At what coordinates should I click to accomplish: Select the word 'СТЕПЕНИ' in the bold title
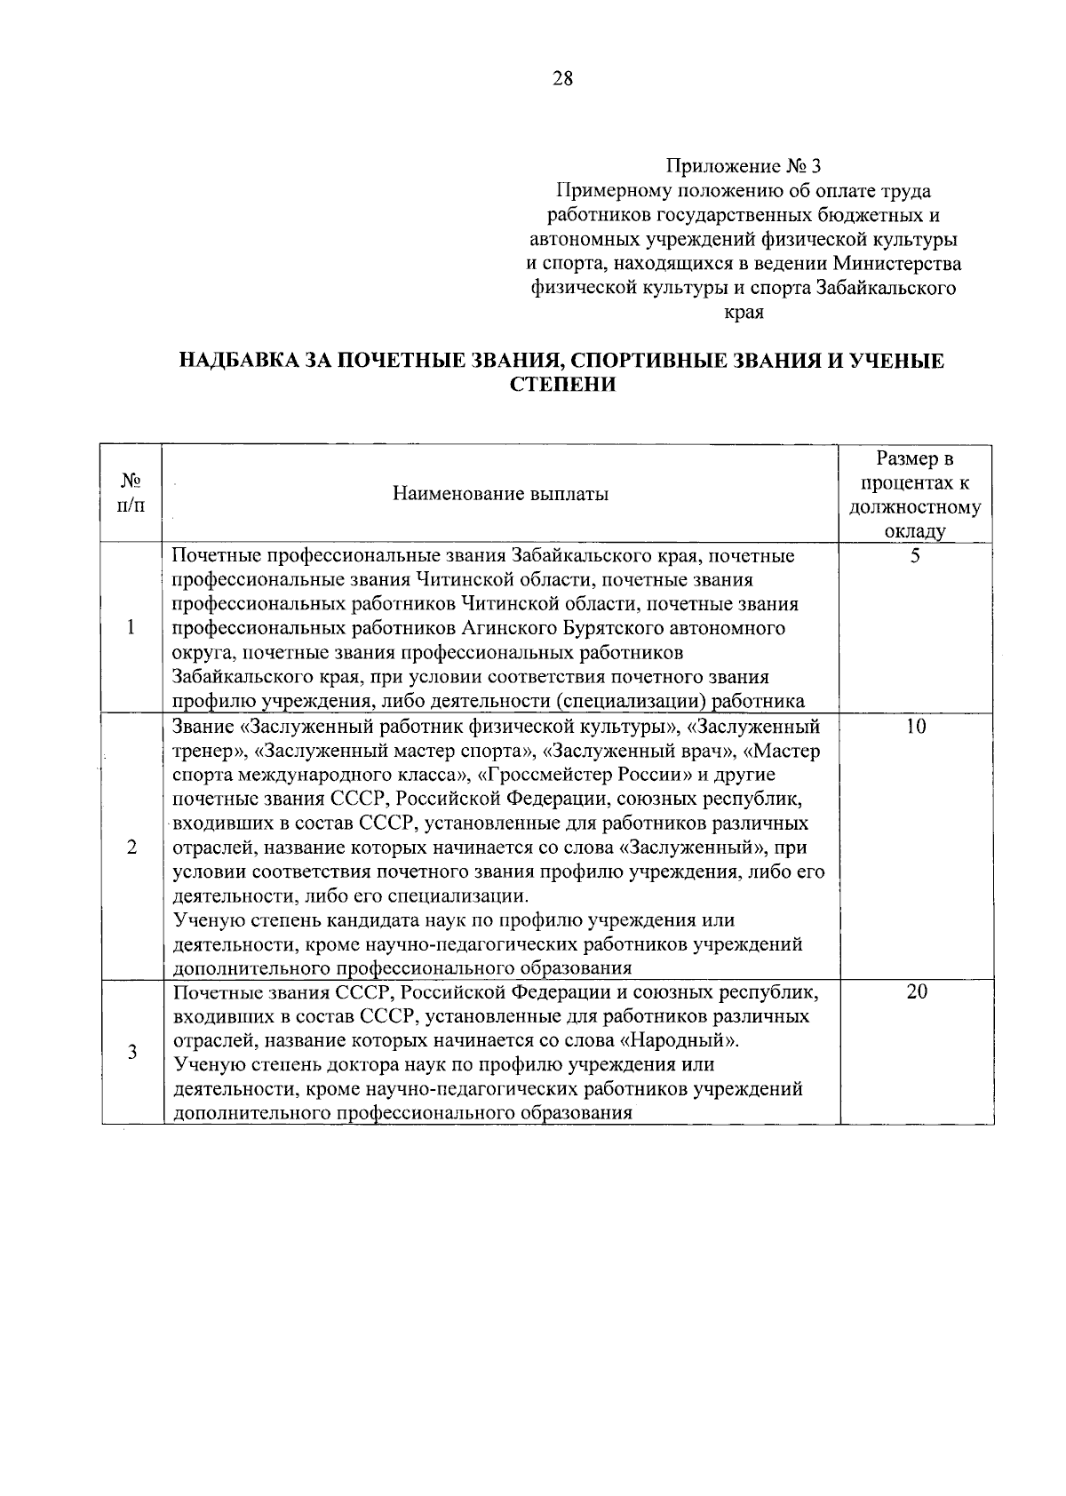(563, 385)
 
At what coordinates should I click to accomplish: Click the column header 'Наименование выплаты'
(501, 494)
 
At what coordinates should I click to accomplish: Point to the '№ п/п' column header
(131, 492)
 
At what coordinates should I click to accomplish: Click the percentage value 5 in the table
(916, 558)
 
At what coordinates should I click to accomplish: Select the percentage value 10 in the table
(916, 727)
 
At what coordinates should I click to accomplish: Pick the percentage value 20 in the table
(916, 992)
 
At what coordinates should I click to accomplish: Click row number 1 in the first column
(131, 628)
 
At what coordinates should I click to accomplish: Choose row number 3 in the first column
(131, 1053)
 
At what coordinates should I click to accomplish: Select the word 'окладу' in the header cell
(915, 532)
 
